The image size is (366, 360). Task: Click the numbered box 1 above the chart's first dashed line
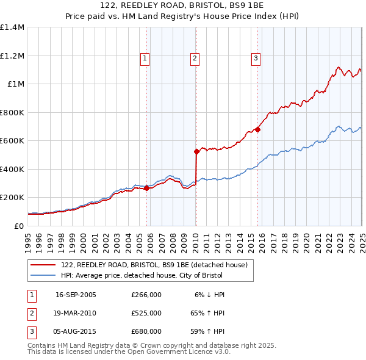click(145, 59)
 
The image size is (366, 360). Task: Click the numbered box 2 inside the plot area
click(195, 59)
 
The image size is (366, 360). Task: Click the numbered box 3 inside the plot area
click(256, 59)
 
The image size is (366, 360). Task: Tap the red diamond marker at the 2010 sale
click(196, 151)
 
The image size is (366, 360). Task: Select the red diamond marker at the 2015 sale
click(257, 129)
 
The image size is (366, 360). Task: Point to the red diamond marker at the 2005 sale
click(147, 189)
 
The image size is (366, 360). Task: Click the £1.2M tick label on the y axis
click(12, 56)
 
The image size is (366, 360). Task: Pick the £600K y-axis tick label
click(12, 141)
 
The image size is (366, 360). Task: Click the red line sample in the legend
click(43, 265)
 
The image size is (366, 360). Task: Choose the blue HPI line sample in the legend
click(43, 275)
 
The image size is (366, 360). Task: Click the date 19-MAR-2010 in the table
click(76, 312)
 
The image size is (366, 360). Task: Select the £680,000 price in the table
click(146, 331)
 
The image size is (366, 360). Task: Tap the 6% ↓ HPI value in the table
click(210, 294)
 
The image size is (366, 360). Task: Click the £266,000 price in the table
click(146, 294)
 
